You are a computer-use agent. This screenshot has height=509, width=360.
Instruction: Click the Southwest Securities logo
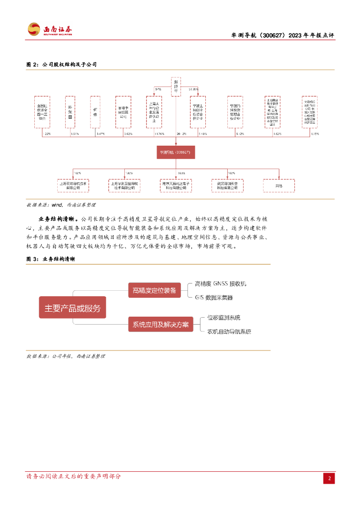(x=49, y=29)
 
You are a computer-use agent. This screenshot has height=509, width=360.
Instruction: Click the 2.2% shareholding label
(x=48, y=134)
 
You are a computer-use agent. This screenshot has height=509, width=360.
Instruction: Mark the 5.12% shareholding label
(x=240, y=134)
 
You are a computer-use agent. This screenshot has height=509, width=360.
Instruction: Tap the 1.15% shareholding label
(x=314, y=134)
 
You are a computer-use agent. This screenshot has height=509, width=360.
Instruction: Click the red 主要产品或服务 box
(x=73, y=308)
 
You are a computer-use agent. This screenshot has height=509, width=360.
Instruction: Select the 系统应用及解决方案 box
(x=160, y=325)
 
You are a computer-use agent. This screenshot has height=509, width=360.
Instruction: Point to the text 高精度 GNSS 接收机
(x=220, y=284)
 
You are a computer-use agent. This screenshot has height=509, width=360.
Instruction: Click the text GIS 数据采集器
(x=214, y=297)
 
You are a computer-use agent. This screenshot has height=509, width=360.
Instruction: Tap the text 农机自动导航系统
(x=229, y=331)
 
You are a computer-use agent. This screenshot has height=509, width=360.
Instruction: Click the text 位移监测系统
(x=224, y=317)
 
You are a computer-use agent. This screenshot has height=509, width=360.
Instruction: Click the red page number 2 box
(x=329, y=478)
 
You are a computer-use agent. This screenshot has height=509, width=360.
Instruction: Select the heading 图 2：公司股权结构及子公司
(x=61, y=65)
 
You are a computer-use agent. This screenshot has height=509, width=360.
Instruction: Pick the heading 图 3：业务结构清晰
(x=51, y=259)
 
